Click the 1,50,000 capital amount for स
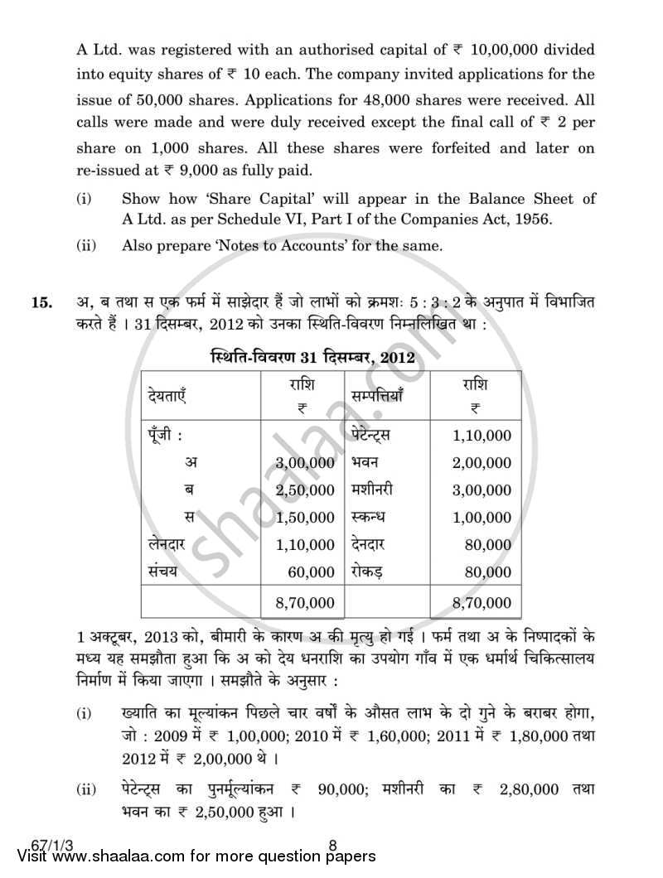pos(305,518)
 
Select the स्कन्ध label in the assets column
pos(370,518)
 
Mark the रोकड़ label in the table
pos(369,572)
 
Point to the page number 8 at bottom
pos(331,846)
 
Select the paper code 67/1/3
pos(31,846)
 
